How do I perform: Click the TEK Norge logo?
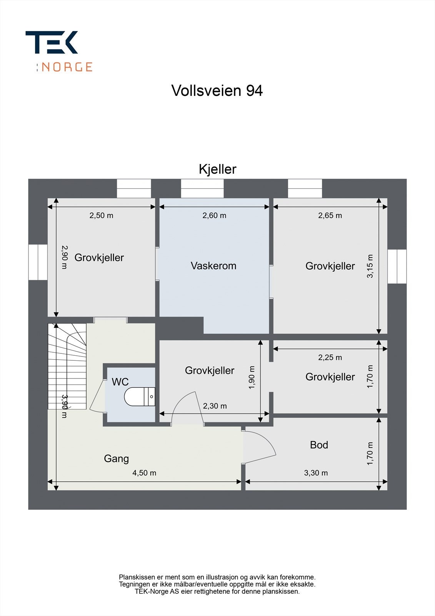click(59, 51)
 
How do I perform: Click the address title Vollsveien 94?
click(217, 91)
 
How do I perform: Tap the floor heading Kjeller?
click(217, 169)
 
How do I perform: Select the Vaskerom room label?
click(213, 266)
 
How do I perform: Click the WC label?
click(120, 382)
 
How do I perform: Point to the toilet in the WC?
click(139, 397)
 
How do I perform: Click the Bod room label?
click(319, 445)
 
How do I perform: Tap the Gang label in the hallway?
click(116, 459)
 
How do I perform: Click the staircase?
click(67, 366)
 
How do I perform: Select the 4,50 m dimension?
click(144, 473)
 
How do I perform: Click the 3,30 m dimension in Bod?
click(316, 473)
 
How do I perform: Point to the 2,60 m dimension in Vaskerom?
click(214, 216)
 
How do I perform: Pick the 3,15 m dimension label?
click(370, 266)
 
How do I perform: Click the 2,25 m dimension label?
click(330, 357)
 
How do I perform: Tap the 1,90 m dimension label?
click(252, 377)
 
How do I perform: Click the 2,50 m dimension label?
click(101, 216)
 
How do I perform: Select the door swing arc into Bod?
click(265, 446)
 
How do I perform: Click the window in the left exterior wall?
click(38, 262)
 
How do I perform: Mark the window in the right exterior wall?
click(397, 266)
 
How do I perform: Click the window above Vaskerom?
click(202, 189)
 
